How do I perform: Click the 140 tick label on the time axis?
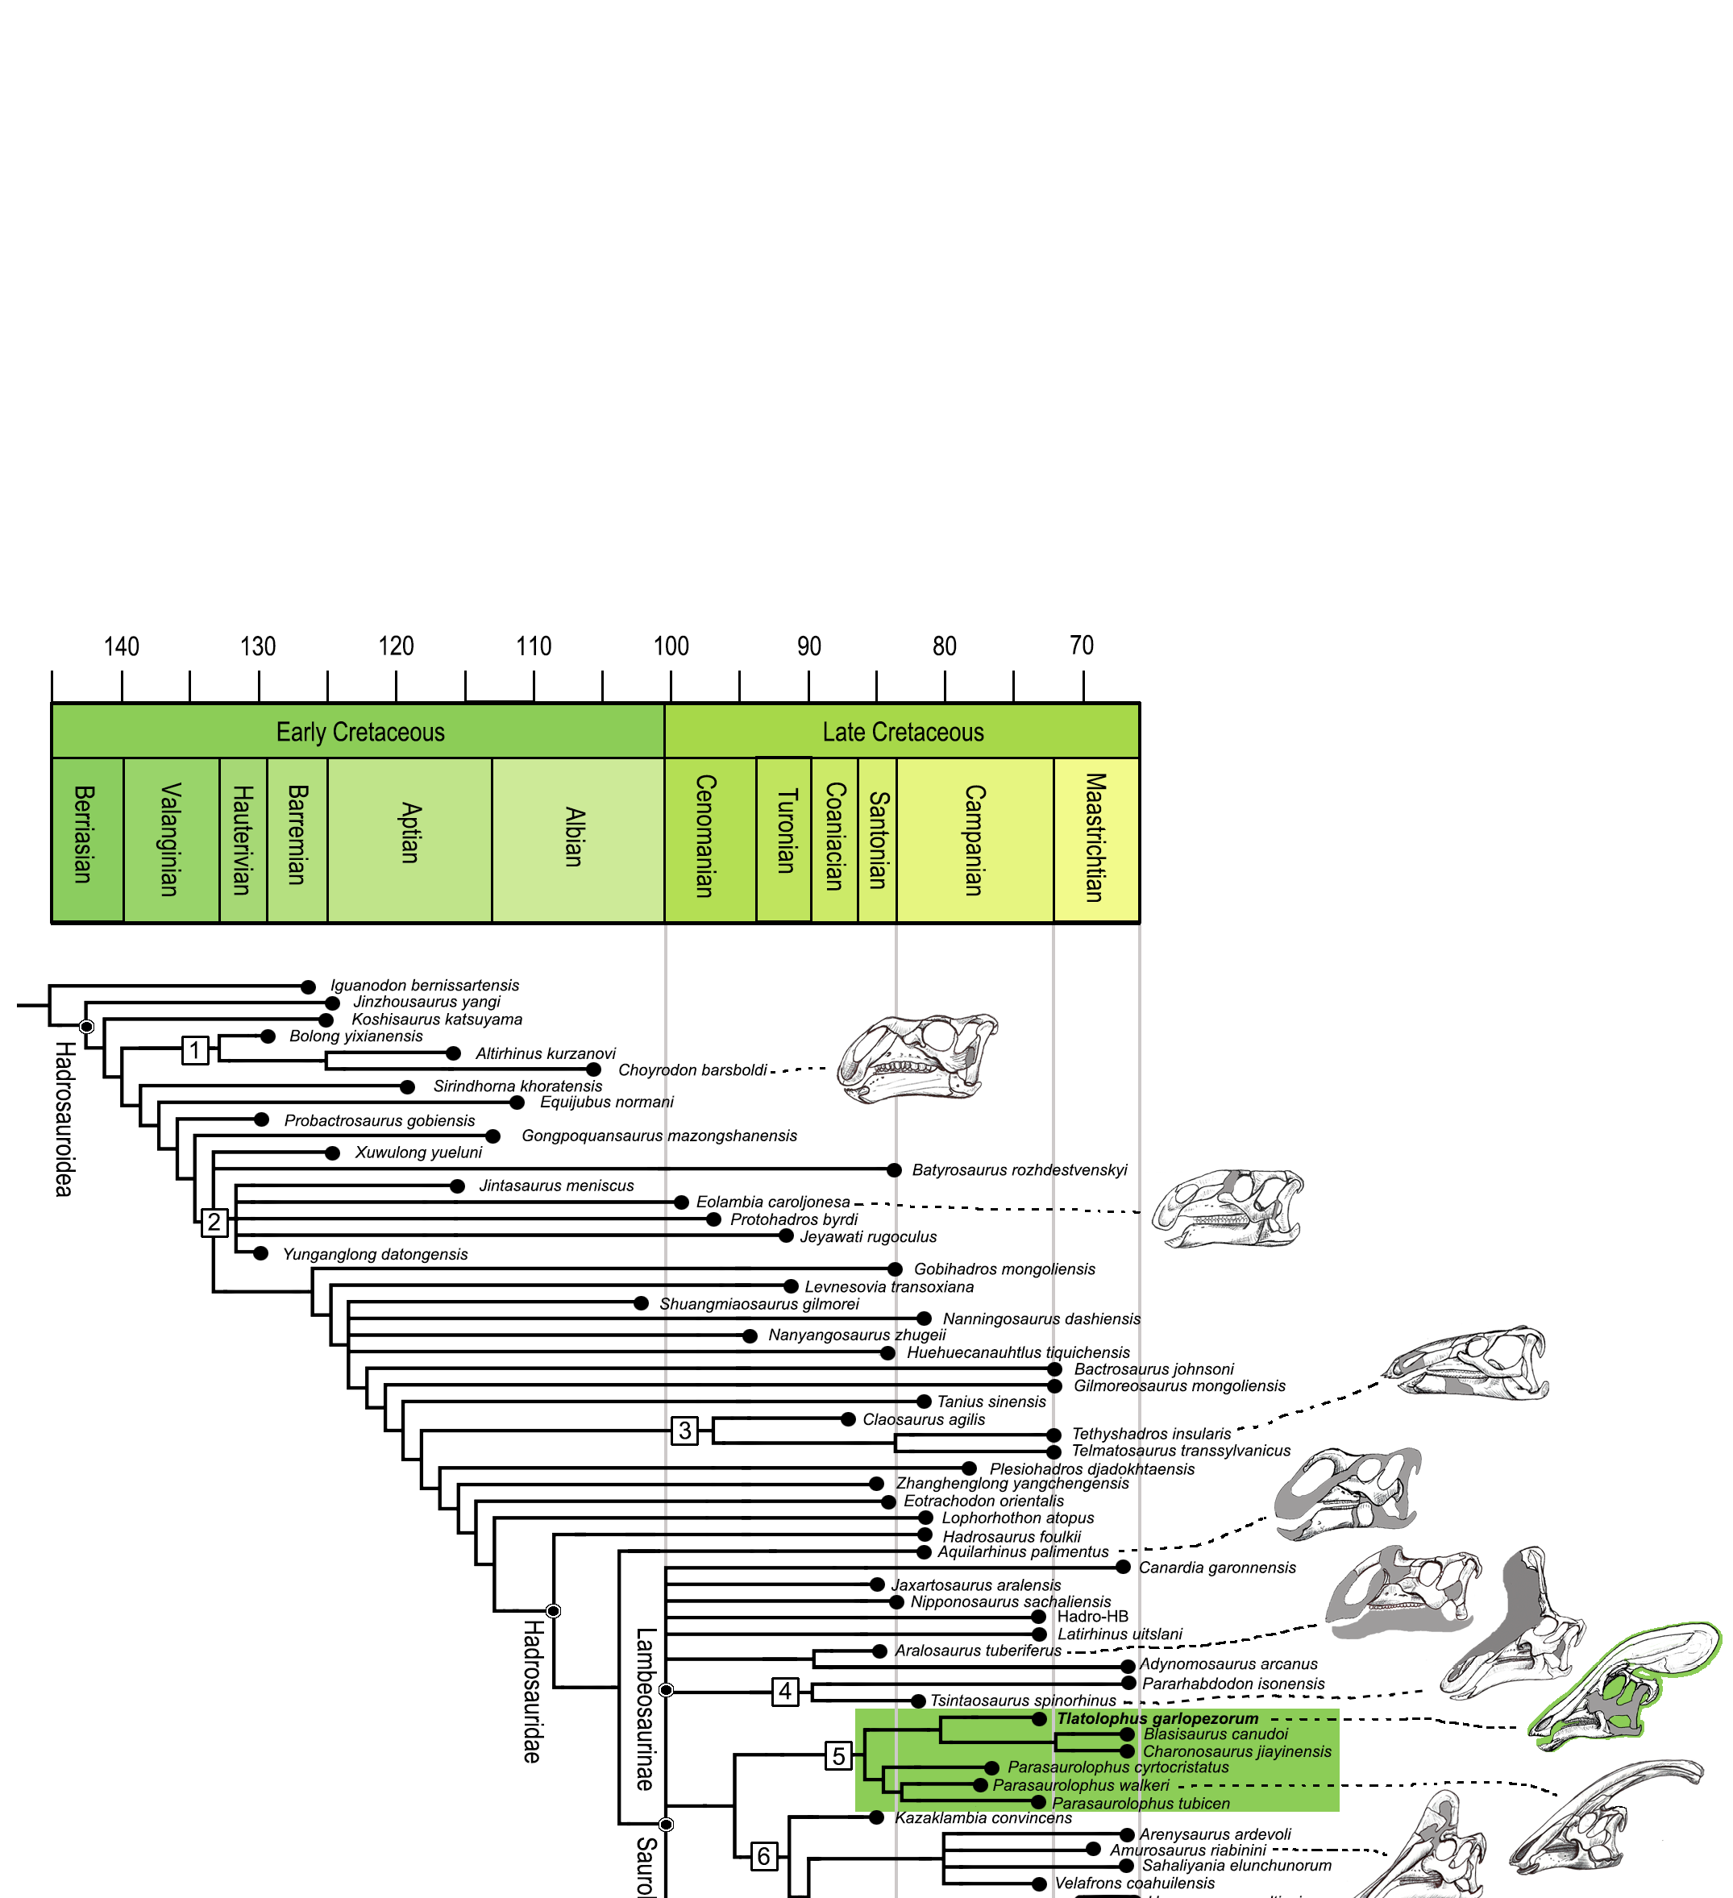point(122,646)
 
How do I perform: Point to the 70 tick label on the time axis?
point(1082,645)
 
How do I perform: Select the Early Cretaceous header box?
point(359,732)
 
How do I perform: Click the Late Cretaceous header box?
point(903,732)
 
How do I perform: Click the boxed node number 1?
point(195,1049)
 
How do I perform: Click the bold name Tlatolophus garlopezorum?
point(1157,1719)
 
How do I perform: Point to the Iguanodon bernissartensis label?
point(425,985)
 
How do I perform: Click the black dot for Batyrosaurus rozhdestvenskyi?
point(894,1170)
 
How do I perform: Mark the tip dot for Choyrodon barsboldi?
point(593,1069)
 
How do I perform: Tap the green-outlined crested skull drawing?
point(1625,1684)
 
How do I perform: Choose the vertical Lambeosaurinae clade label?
point(645,1708)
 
